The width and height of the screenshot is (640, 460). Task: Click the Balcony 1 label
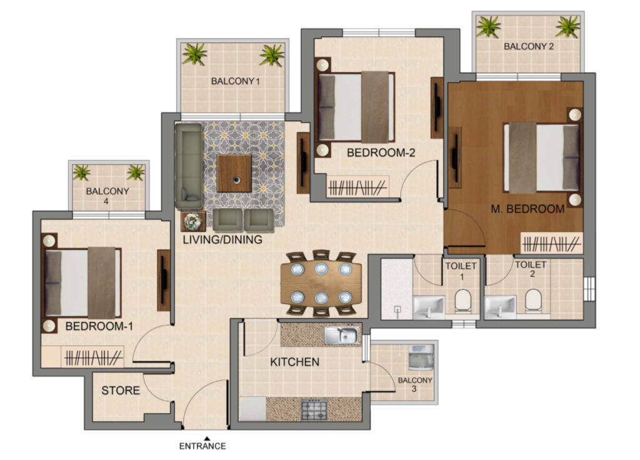tap(235, 81)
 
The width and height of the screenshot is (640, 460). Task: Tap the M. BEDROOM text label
tap(527, 209)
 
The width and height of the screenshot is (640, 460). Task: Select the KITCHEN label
tap(295, 362)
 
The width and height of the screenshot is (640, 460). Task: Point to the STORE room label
tap(121, 391)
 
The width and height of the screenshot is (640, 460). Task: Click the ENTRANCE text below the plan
tap(202, 446)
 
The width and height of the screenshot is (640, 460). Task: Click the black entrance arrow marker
tap(207, 438)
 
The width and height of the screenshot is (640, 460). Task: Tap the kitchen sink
tap(342, 335)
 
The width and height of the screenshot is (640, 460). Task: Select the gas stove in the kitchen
tap(314, 410)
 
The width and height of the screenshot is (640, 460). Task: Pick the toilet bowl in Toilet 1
tap(463, 300)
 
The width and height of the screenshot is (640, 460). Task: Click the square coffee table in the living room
tap(234, 174)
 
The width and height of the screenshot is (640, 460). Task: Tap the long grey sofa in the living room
tap(189, 166)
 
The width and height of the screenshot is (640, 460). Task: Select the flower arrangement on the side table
tap(193, 221)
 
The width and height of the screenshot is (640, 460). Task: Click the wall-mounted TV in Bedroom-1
tap(164, 280)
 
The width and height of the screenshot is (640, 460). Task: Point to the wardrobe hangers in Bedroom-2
tap(357, 187)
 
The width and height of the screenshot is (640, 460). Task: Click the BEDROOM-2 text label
tap(381, 153)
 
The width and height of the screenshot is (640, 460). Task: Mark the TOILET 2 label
tap(531, 269)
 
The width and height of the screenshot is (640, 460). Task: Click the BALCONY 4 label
tap(107, 196)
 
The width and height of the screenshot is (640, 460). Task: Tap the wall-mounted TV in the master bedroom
tap(455, 157)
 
